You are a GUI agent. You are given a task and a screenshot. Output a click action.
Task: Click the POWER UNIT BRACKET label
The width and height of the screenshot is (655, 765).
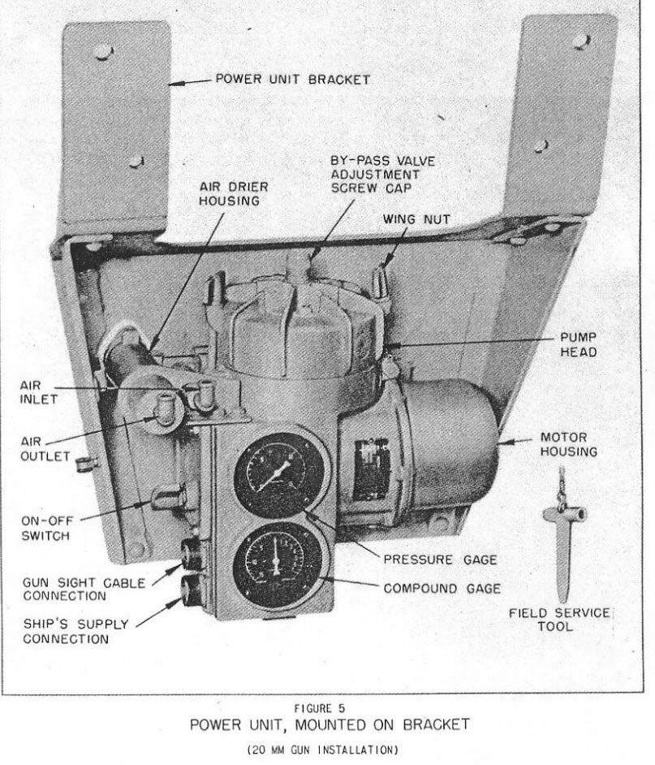pos(293,80)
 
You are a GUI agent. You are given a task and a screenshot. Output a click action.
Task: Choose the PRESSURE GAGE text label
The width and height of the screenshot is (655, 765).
pos(440,559)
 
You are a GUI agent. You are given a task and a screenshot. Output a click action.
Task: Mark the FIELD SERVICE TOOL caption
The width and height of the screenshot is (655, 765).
pos(561,619)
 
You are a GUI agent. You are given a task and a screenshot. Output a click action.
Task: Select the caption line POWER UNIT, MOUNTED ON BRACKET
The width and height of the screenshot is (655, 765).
pos(326,724)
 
